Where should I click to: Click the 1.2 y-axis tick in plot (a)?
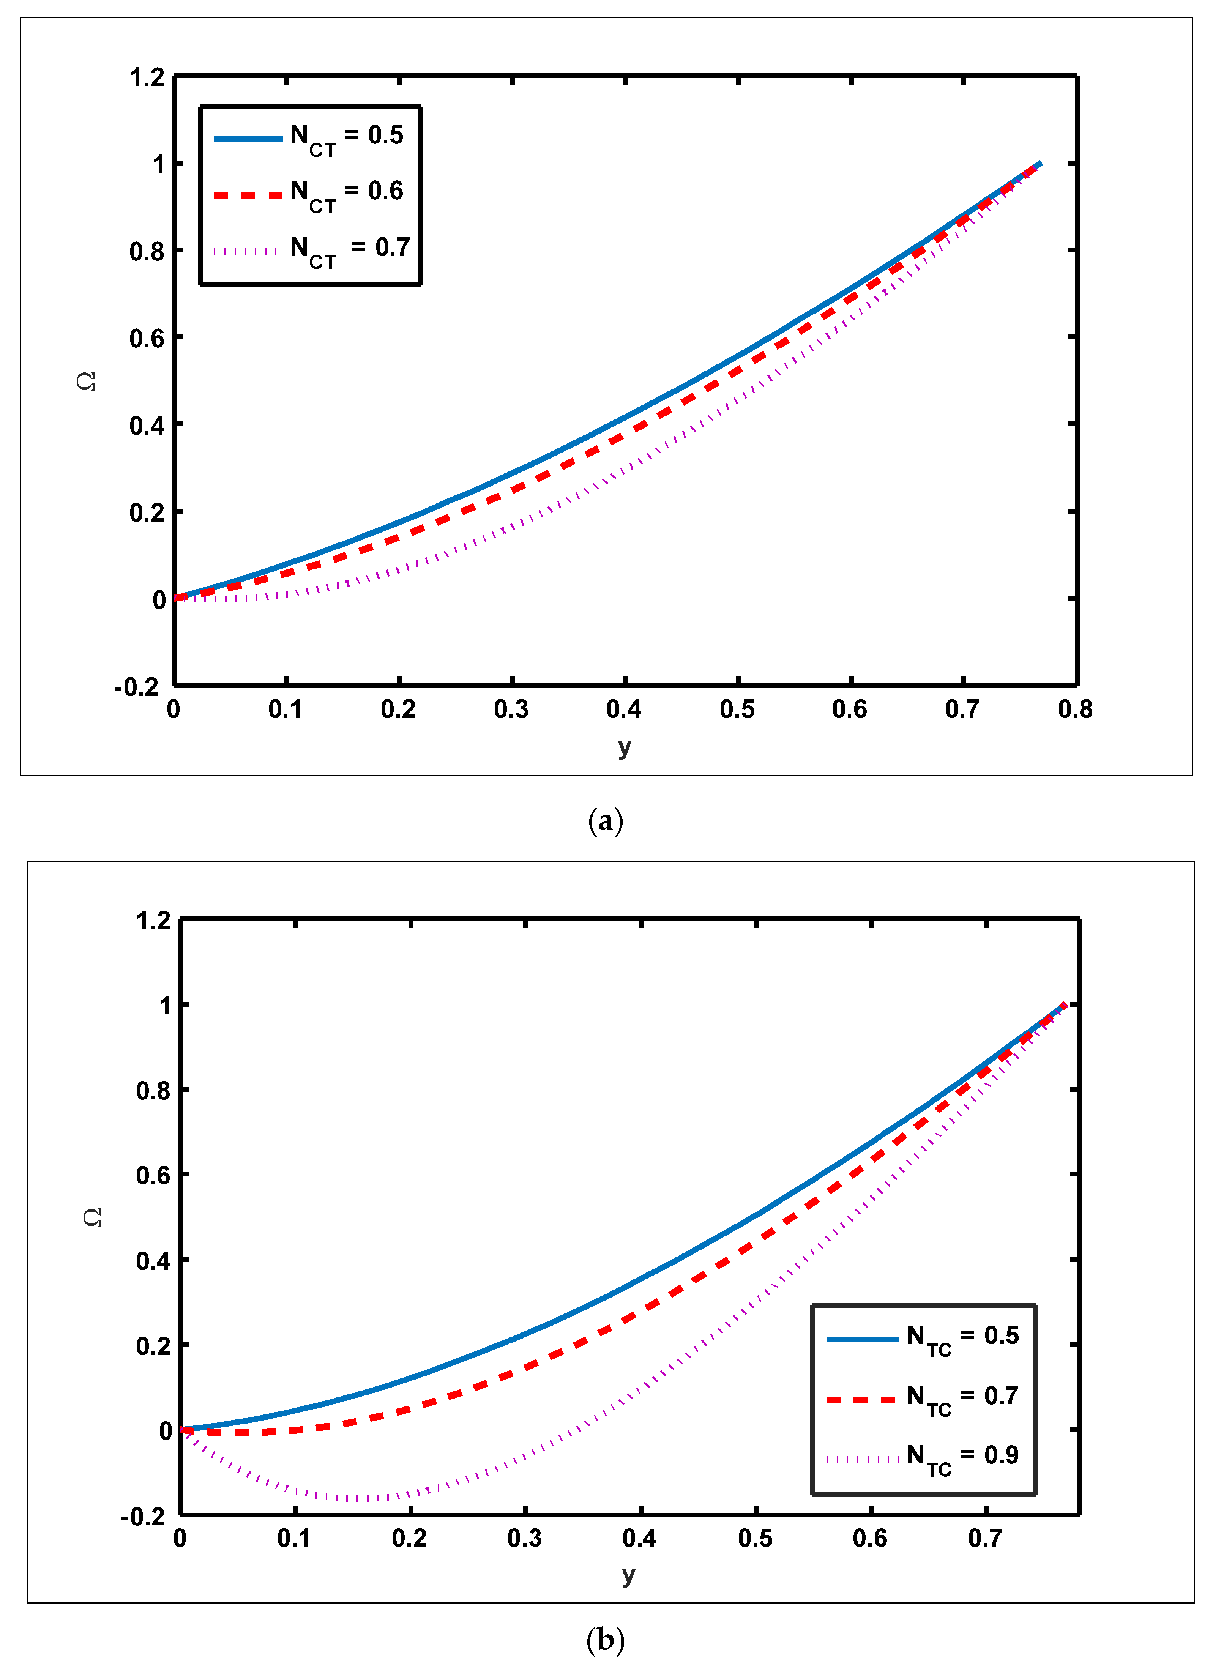148,77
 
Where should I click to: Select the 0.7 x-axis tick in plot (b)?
985,1539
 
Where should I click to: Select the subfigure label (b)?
606,1640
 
